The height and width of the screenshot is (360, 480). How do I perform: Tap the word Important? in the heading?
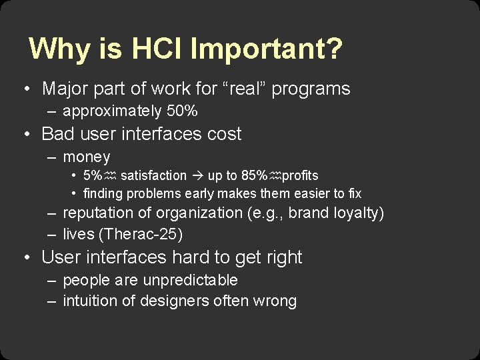267,49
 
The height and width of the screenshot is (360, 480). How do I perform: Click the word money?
87,157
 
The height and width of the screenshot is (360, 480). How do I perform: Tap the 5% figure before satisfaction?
93,175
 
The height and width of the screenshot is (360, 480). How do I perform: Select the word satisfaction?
153,175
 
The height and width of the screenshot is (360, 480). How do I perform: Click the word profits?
300,175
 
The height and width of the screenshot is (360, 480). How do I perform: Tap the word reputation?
99,213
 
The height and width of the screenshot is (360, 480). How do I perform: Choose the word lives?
77,234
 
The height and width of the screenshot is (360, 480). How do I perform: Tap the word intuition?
89,301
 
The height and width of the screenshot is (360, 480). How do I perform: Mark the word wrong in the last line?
275,301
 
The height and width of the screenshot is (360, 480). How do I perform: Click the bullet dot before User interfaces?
25,257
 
